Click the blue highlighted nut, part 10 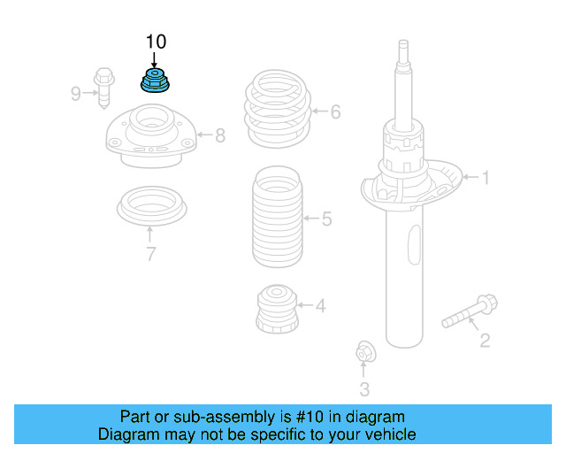pos(156,81)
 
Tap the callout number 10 pos(156,42)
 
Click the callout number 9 pos(76,92)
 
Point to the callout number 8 pos(219,135)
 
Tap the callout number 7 pos(150,255)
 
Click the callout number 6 pos(335,112)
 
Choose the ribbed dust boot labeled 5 pos(277,217)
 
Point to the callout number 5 pos(326,219)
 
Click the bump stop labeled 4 pos(277,309)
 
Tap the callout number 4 pos(320,307)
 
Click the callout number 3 pos(364,388)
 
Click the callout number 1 pos(485,178)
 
